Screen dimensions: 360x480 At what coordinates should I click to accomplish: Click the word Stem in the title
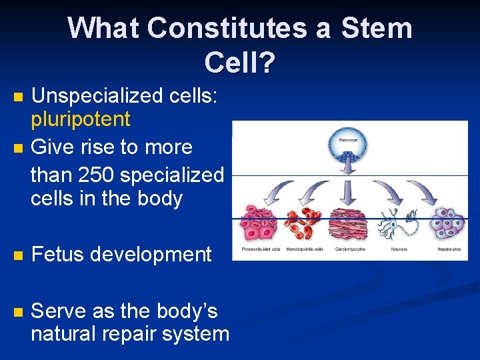[x=377, y=29]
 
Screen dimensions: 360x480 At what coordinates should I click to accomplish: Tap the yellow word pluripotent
[x=81, y=120]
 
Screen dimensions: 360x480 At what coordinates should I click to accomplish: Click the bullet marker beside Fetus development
[x=19, y=255]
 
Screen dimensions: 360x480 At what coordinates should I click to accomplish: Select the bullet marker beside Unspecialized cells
[x=19, y=97]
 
